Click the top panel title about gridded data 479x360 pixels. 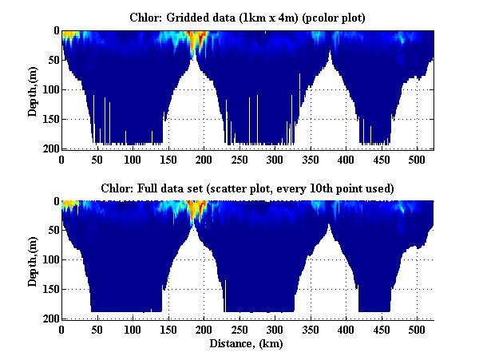pyautogui.click(x=247, y=17)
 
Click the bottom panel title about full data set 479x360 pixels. pyautogui.click(x=247, y=187)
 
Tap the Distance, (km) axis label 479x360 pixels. pyautogui.click(x=247, y=345)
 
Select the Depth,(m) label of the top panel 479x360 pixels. pyautogui.click(x=33, y=89)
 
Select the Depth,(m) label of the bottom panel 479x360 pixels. pyautogui.click(x=33, y=259)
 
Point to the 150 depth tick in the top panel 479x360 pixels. pyautogui.click(x=50, y=120)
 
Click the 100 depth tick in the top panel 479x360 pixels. pyautogui.click(x=50, y=89)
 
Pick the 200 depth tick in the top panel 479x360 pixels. pyautogui.click(x=50, y=149)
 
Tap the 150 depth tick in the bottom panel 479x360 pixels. pyautogui.click(x=50, y=289)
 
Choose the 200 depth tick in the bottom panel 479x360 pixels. pyautogui.click(x=50, y=318)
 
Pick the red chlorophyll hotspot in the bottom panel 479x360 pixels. pyautogui.click(x=193, y=209)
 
